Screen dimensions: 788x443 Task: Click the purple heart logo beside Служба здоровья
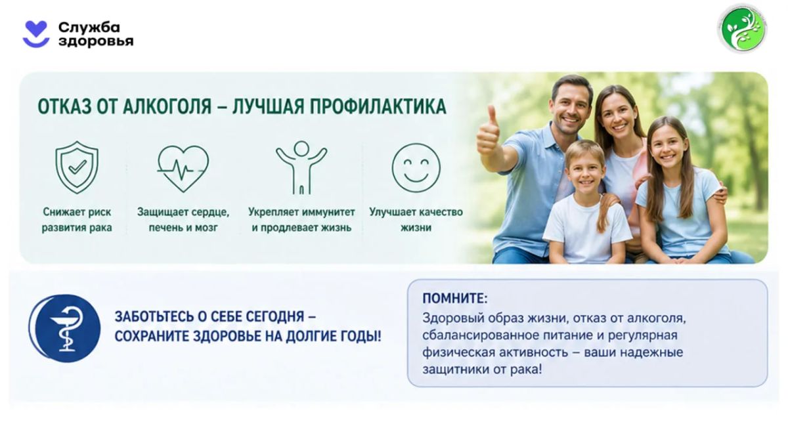point(36,34)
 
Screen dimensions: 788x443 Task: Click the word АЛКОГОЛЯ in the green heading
point(167,106)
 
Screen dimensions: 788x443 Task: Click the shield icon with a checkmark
point(77,167)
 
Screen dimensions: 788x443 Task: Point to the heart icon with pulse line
point(183,169)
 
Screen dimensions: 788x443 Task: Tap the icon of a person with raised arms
point(301,168)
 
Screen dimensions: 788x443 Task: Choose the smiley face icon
point(416,168)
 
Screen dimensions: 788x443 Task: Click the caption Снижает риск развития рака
point(77,220)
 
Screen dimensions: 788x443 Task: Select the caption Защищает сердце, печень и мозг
point(183,220)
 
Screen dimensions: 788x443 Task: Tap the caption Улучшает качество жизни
point(416,220)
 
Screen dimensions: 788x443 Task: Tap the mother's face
point(618,114)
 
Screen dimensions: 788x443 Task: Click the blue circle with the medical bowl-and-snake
point(65,328)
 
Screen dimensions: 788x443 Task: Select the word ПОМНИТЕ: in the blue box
point(455,299)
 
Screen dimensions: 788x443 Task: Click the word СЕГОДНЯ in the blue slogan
point(274,317)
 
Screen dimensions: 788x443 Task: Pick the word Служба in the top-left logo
point(89,27)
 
